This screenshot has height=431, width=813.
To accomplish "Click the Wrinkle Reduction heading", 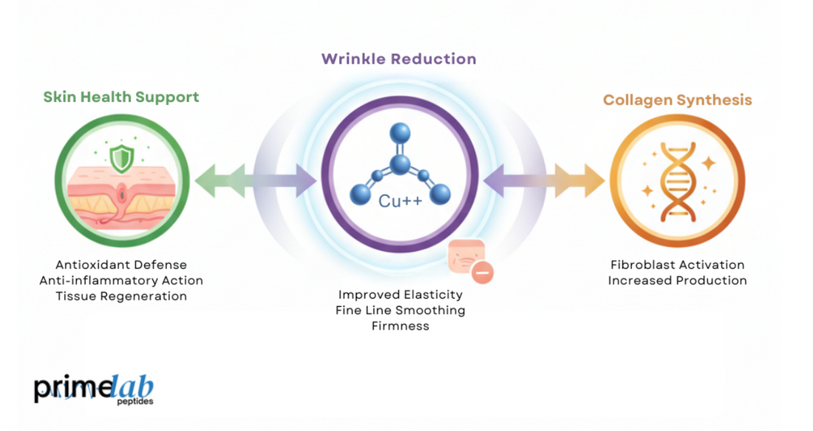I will click(x=398, y=59).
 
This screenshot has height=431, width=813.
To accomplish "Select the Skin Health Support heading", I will click(x=121, y=97).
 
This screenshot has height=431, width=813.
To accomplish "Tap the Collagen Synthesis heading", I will click(x=677, y=100).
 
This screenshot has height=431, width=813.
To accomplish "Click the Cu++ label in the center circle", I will click(x=400, y=200).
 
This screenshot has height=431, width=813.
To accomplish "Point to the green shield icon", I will click(x=120, y=157).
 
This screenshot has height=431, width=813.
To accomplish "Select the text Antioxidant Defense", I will click(x=121, y=265).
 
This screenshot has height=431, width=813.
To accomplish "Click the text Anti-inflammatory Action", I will click(x=121, y=280).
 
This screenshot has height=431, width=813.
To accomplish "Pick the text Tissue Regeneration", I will click(x=121, y=296).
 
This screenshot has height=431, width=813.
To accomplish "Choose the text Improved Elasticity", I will click(x=400, y=294).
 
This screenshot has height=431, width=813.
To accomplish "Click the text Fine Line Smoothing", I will click(x=400, y=310).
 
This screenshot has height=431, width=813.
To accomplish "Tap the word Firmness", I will click(x=400, y=325).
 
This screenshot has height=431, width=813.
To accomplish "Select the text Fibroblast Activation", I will click(x=677, y=265).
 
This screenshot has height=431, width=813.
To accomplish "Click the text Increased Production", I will click(x=677, y=280).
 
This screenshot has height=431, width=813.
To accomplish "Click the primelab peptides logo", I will click(x=93, y=390).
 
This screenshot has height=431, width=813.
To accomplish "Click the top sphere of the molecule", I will click(x=400, y=134).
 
